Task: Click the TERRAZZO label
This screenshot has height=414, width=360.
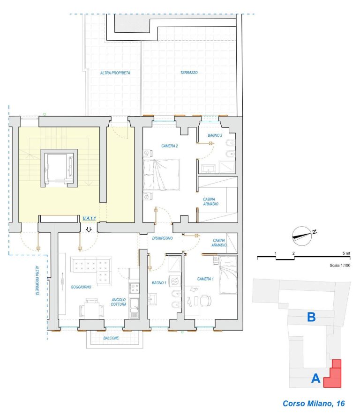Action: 189,73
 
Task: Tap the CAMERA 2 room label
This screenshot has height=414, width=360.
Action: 169,146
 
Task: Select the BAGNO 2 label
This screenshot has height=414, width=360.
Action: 215,135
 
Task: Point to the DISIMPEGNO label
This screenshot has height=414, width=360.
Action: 162,238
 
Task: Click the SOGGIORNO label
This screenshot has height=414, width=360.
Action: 81,287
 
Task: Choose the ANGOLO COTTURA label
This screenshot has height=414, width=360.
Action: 119,302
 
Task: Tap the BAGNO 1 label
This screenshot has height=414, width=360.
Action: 159,283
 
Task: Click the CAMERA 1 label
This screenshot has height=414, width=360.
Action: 205,279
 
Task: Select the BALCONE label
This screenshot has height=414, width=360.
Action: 111,338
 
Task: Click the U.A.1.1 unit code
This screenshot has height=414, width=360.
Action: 89,218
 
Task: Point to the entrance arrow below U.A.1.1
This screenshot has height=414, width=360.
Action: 89,229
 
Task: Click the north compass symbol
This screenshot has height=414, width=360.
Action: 302,236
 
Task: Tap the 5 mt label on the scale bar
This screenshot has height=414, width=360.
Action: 346,253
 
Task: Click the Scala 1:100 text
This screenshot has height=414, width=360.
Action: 340,266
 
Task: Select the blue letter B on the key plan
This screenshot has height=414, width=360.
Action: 311,317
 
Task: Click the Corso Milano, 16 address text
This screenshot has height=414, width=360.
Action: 314,403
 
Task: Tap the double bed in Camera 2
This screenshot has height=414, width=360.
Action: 162,175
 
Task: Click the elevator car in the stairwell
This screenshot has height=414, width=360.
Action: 59,168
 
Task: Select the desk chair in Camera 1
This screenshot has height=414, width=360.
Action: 206,301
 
